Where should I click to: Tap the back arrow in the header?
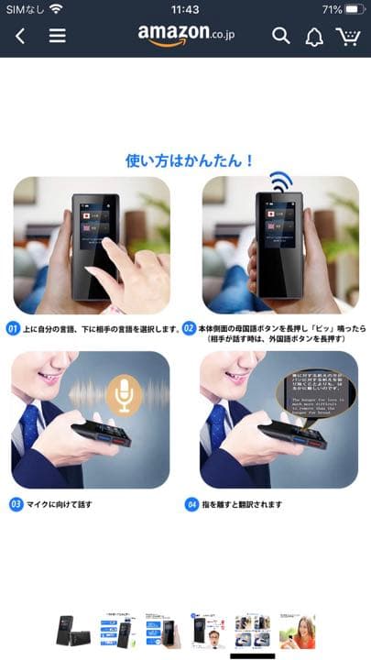(x=20, y=37)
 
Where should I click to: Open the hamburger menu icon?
(x=57, y=37)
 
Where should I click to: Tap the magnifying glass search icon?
(x=281, y=37)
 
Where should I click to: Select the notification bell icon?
(x=314, y=37)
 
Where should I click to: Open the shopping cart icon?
(x=347, y=37)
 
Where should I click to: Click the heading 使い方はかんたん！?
(x=190, y=160)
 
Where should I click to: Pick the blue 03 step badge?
(x=15, y=504)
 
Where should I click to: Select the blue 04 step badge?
(x=191, y=504)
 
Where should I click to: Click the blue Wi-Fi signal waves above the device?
(x=280, y=181)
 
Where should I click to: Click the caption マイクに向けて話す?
(x=60, y=504)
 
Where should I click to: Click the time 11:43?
(x=185, y=9)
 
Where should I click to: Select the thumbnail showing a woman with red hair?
(x=298, y=631)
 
